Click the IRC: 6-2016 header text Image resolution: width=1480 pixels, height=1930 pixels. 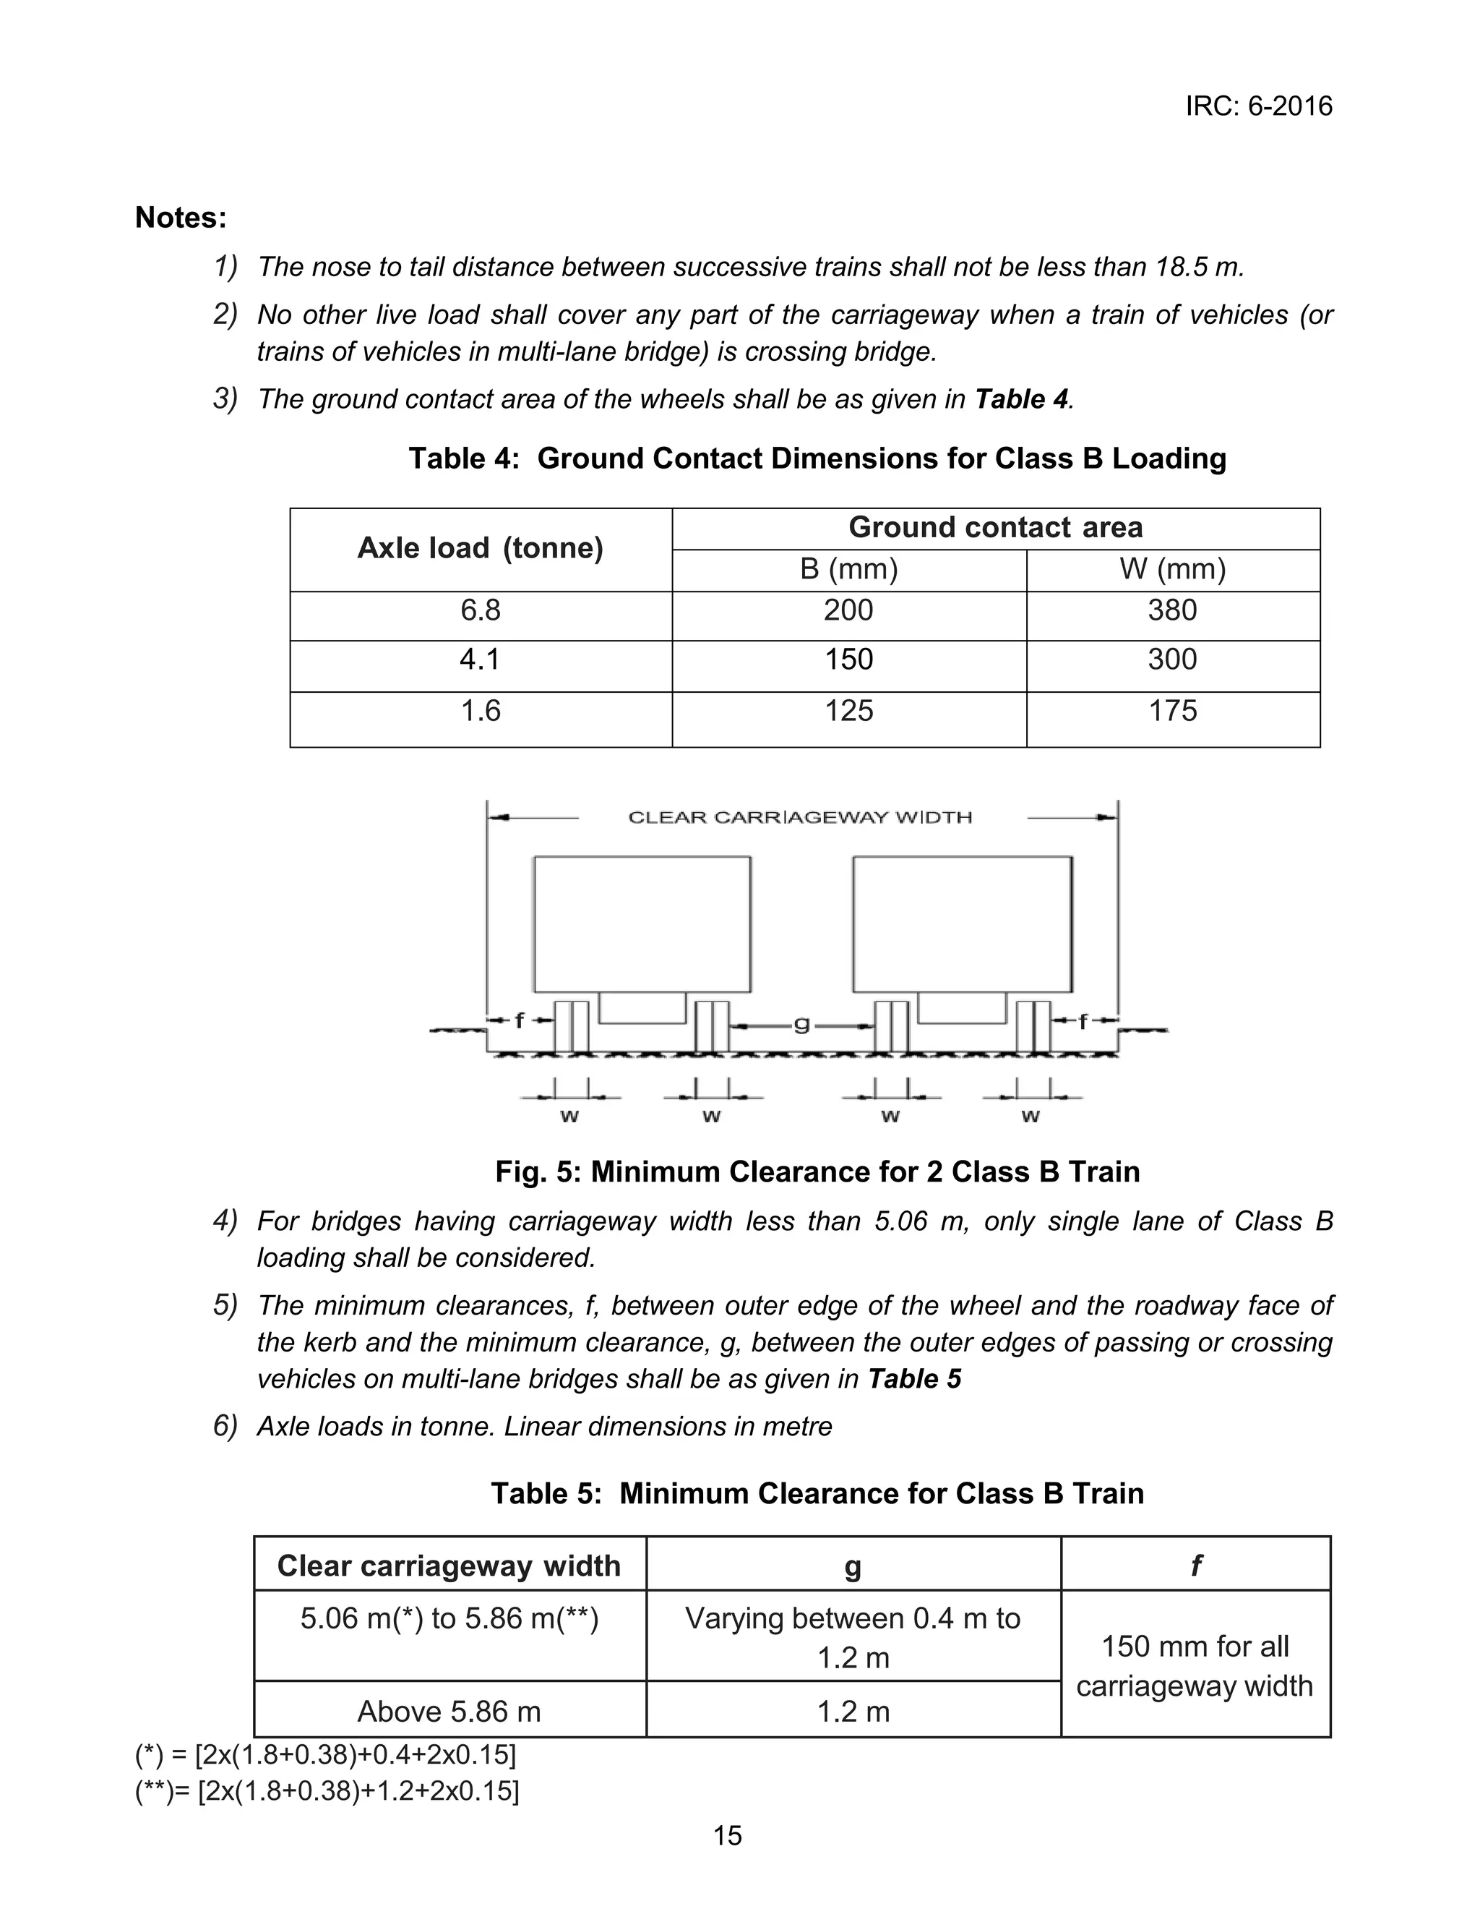coord(1258,106)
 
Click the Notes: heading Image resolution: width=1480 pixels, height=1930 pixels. coord(181,218)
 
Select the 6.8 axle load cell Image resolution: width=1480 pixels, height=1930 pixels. coord(480,610)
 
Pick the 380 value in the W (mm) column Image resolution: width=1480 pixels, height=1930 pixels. coord(1171,610)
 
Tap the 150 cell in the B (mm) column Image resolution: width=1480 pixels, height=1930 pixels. coord(848,659)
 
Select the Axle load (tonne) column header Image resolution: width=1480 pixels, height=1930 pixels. coord(480,548)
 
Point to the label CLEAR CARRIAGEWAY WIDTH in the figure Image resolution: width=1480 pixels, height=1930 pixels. coord(800,817)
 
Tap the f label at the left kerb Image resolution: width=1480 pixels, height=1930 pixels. coord(519,1020)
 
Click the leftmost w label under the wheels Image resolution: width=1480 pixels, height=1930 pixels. coord(569,1116)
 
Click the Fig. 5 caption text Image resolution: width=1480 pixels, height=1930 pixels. coord(817,1171)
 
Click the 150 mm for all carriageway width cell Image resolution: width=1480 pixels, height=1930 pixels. coord(1195,1665)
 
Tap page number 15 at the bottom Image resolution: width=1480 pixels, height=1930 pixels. coord(728,1836)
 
